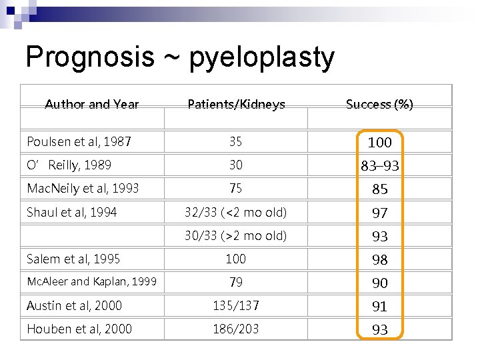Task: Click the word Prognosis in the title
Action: [89, 57]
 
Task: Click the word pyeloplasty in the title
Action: [261, 59]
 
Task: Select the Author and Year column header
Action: [92, 104]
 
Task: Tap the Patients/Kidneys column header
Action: [236, 104]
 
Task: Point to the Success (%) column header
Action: [379, 104]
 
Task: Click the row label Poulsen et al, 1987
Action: [79, 141]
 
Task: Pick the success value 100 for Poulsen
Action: [379, 142]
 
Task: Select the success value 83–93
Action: [379, 165]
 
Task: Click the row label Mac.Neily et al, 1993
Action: [83, 189]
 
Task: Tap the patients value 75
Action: [236, 189]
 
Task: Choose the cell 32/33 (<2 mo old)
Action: [236, 213]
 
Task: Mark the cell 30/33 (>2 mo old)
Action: [236, 235]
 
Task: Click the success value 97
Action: [379, 213]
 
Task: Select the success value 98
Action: [379, 259]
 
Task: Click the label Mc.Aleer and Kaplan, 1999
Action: [91, 282]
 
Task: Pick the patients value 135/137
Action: [236, 305]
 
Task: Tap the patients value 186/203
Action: [236, 329]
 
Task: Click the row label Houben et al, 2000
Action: [79, 329]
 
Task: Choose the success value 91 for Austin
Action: [379, 306]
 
